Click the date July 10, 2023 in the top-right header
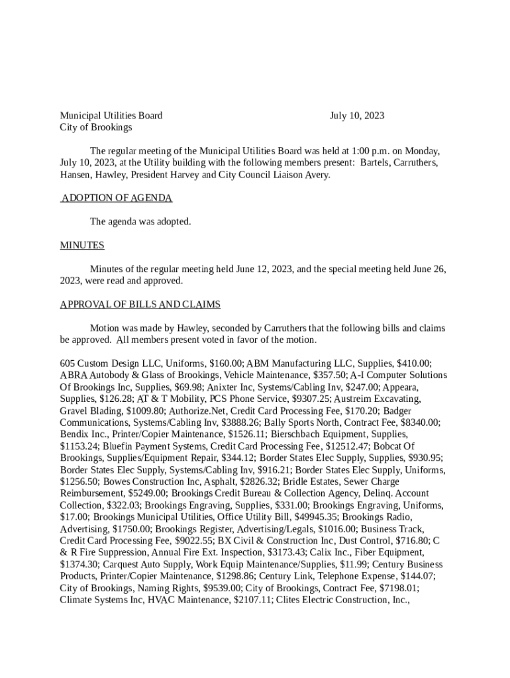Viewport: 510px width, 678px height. pos(356,116)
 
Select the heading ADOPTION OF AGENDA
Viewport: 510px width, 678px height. pos(117,198)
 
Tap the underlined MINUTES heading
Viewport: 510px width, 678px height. pos(82,246)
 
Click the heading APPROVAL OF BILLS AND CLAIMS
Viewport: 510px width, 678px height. pos(140,305)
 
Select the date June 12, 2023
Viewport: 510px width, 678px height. pos(261,269)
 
